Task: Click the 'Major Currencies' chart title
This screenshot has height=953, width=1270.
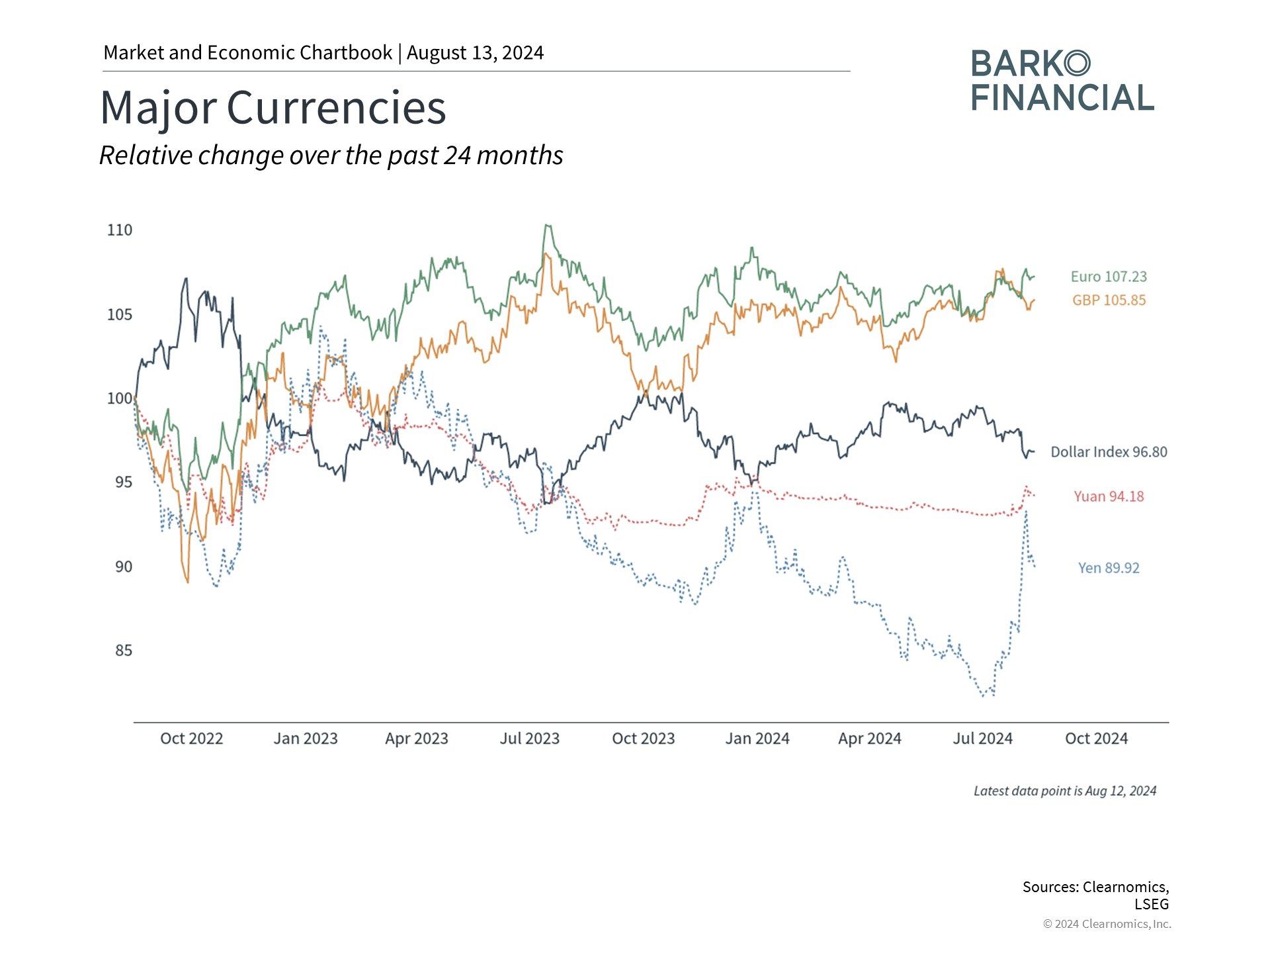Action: (x=273, y=108)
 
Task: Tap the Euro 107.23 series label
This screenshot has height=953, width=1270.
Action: (x=1109, y=277)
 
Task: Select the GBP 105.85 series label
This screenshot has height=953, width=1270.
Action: (x=1109, y=300)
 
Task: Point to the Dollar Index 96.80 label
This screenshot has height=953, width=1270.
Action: (x=1109, y=452)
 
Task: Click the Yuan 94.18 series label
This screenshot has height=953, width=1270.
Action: (x=1109, y=496)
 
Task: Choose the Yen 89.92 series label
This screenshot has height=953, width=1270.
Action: (x=1109, y=568)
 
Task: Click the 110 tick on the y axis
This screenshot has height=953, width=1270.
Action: (x=120, y=230)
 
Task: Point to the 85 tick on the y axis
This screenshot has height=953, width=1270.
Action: (x=124, y=651)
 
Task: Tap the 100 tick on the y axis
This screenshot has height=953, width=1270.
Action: (x=120, y=398)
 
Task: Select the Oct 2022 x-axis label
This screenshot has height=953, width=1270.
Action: (x=192, y=739)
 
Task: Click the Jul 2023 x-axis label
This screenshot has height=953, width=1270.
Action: (x=530, y=739)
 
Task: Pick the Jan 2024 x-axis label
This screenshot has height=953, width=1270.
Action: (x=757, y=739)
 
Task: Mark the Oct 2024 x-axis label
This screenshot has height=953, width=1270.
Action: (x=1096, y=739)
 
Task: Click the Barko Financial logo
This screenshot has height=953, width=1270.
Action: (x=1062, y=81)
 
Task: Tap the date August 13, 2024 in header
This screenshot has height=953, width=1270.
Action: (x=475, y=53)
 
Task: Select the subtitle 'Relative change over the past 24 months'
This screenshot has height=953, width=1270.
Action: (x=331, y=156)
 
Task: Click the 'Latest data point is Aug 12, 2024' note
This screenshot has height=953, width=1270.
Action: (x=1065, y=791)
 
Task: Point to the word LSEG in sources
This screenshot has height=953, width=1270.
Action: (x=1152, y=904)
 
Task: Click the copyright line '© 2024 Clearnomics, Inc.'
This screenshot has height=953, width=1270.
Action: (x=1107, y=924)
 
